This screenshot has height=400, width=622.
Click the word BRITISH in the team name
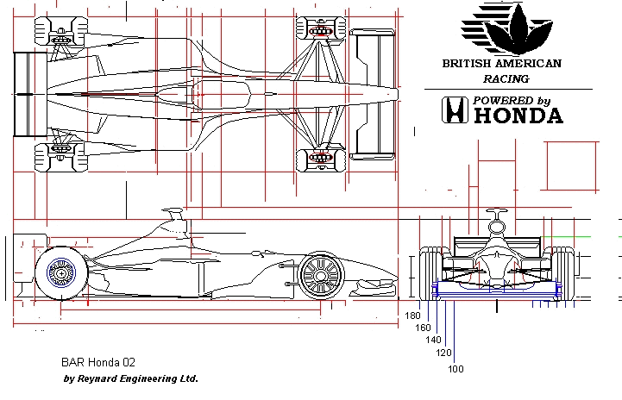coord(466,63)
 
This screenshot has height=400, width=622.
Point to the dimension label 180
coord(412,316)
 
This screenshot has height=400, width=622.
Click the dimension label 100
coord(456,369)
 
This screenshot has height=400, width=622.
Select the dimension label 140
coord(434,341)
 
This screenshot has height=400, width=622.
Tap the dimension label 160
coord(423,328)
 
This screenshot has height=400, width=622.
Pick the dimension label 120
coord(444,353)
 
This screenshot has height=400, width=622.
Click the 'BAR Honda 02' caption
coord(98,363)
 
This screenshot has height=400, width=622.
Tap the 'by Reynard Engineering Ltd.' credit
coord(131,378)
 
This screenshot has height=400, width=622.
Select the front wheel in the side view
coord(320,275)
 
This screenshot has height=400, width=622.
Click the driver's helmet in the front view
coord(496,226)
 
